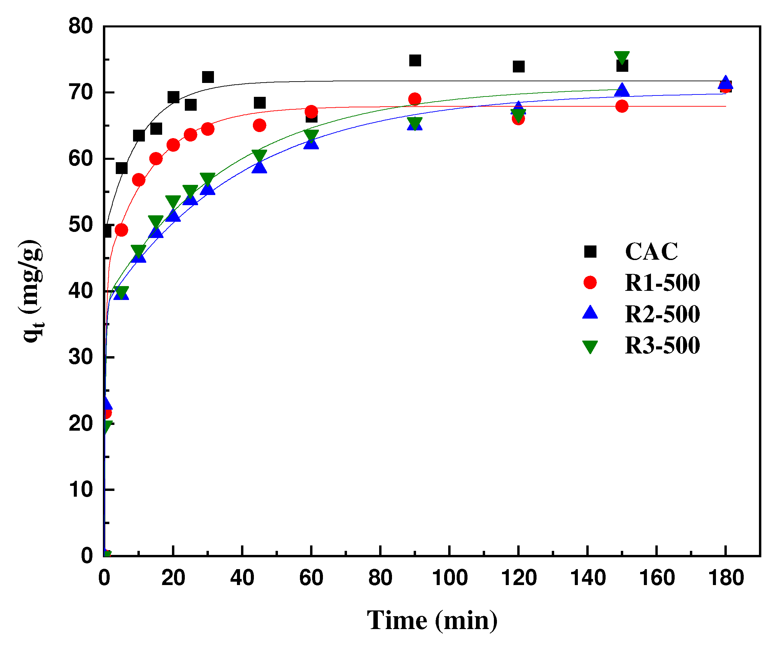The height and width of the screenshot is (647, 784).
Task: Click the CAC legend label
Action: [651, 252]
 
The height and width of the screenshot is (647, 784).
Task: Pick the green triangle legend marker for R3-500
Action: [590, 346]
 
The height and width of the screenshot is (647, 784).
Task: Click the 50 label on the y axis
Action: [81, 225]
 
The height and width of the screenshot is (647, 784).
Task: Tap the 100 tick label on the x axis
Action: [450, 578]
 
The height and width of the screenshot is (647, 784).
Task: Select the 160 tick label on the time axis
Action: [657, 578]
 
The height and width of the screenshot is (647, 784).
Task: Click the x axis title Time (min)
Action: [432, 621]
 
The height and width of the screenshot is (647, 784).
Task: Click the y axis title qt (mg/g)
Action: [32, 291]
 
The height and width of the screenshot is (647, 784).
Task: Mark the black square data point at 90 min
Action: [415, 60]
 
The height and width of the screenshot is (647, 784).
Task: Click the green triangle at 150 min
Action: [622, 57]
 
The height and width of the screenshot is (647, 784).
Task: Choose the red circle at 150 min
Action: [622, 107]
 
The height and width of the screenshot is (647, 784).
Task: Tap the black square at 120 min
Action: [518, 67]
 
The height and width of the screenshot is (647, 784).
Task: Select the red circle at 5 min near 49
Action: [122, 230]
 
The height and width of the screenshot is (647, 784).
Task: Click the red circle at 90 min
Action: [415, 99]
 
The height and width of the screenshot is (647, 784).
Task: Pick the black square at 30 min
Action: [208, 77]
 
